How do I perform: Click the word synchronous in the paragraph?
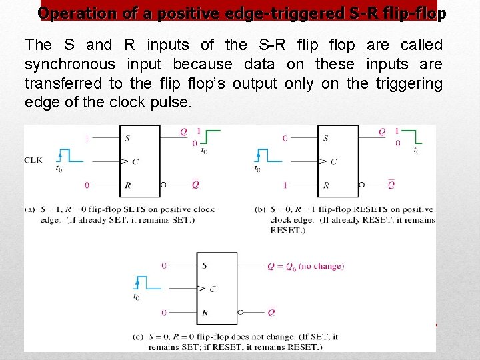(x=69, y=65)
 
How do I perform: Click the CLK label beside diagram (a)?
(x=34, y=160)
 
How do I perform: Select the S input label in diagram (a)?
(x=127, y=139)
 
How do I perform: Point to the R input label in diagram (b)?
(x=325, y=185)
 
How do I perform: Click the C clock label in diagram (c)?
(x=212, y=289)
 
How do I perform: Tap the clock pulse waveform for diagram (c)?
(x=147, y=283)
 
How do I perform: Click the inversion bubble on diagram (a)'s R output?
(x=163, y=185)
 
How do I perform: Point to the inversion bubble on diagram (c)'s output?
(x=239, y=312)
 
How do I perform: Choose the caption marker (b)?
(x=261, y=209)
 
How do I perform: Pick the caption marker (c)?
(x=139, y=337)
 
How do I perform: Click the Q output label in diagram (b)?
(x=381, y=132)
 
